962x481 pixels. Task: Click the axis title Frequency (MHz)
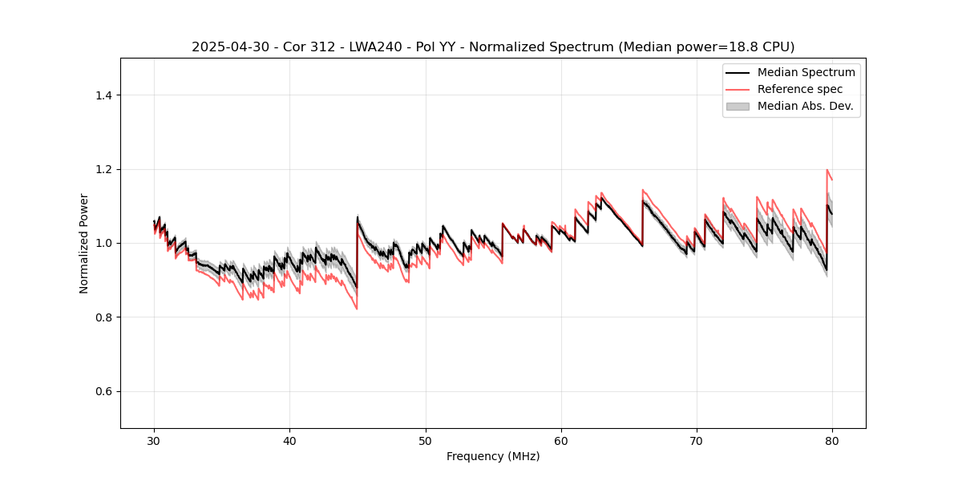point(493,457)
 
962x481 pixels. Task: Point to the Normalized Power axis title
point(83,243)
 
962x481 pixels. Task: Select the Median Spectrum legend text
point(806,72)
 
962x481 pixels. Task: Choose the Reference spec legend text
point(800,89)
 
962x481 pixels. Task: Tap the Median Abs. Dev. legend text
point(805,106)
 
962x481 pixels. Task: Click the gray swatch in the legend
point(738,106)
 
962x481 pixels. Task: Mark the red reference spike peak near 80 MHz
point(827,170)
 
